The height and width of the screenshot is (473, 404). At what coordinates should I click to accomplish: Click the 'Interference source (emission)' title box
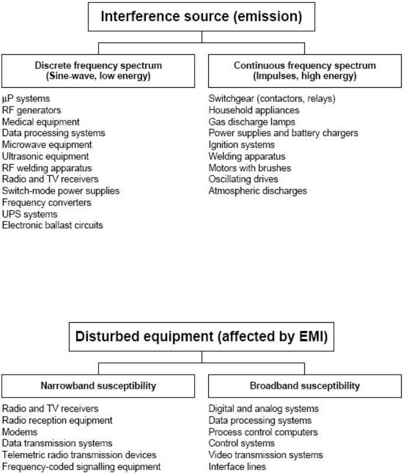click(x=201, y=17)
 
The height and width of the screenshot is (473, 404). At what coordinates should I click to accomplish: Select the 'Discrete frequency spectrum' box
click(x=98, y=71)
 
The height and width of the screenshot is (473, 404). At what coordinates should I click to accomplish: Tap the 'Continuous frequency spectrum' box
click(x=305, y=71)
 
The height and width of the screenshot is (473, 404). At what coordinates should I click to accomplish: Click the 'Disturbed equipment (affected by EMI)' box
click(x=201, y=337)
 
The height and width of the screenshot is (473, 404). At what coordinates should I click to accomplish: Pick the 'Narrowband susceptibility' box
click(x=98, y=386)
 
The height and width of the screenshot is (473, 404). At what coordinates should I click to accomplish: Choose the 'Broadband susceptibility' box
click(x=305, y=386)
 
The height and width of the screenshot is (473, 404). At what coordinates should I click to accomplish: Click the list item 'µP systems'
click(x=26, y=99)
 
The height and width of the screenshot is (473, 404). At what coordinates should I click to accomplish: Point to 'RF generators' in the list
click(x=31, y=110)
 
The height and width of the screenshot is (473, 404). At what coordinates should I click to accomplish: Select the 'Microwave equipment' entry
click(x=47, y=145)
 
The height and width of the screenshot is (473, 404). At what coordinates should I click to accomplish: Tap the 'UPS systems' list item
click(x=29, y=214)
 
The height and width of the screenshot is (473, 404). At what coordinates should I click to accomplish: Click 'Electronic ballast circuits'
click(x=52, y=226)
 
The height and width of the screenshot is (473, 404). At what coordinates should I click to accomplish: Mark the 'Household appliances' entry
click(x=254, y=110)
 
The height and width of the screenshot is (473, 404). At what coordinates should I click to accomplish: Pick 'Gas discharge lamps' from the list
click(x=252, y=122)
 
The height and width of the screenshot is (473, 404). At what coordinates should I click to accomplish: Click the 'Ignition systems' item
click(x=242, y=145)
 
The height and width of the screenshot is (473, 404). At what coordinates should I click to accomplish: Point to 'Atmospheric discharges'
click(x=258, y=191)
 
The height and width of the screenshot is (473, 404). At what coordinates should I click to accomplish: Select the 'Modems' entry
click(x=19, y=432)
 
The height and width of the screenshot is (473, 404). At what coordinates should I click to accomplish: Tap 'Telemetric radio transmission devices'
click(x=79, y=455)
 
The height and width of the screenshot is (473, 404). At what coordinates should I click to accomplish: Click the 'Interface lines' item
click(x=237, y=467)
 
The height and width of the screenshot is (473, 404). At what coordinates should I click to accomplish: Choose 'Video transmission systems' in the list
click(x=266, y=455)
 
